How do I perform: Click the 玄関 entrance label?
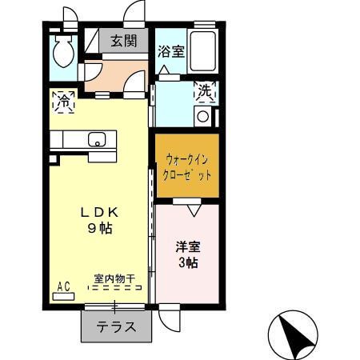click(x=122, y=41)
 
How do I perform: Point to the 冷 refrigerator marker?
click(x=63, y=102)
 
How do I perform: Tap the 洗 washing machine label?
click(x=205, y=92)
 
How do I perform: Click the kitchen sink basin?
click(x=97, y=140)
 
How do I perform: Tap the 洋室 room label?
click(x=187, y=246)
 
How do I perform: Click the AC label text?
click(x=63, y=285)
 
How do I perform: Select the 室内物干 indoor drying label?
click(x=114, y=279)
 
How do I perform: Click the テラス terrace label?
click(x=115, y=327)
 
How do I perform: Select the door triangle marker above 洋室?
click(x=192, y=211)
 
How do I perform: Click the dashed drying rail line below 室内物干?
click(x=114, y=289)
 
